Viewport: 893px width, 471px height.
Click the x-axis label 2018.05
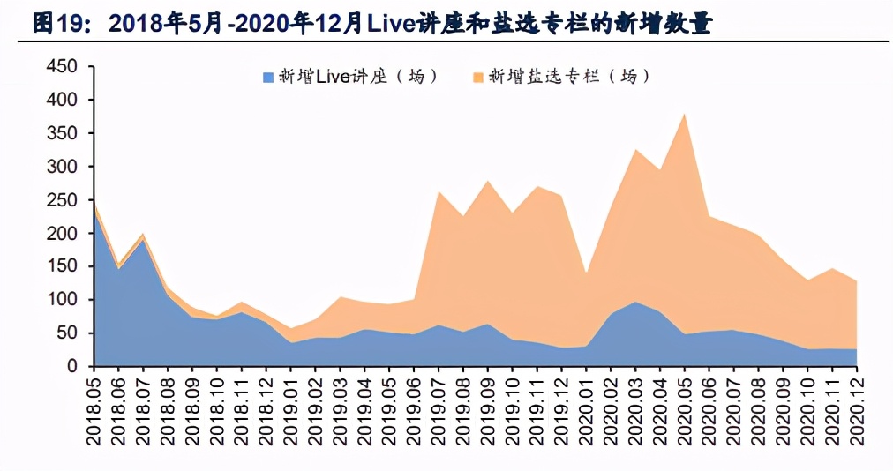94,409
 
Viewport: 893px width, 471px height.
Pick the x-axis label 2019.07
439,409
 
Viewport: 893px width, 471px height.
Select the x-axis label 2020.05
684,409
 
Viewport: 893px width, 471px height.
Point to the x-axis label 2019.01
291,409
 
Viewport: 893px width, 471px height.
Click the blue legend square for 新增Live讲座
268,78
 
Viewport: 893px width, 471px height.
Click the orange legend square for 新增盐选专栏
478,78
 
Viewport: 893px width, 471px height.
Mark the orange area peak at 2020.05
684,115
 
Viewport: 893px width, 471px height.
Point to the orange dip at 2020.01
586,273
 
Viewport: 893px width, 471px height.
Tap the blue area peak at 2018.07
143,240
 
